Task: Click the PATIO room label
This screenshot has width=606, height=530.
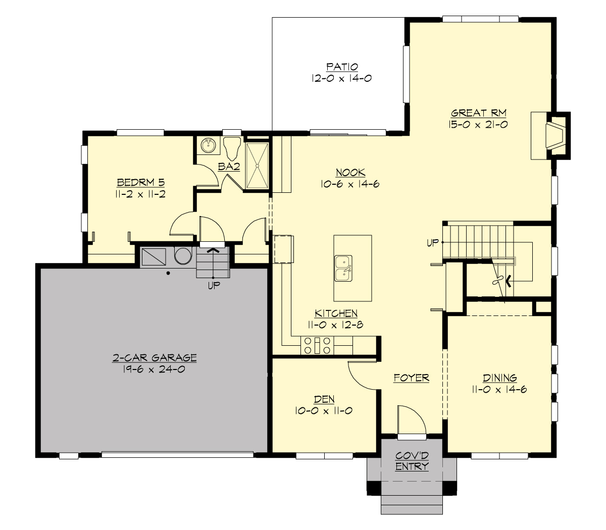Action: [x=342, y=67]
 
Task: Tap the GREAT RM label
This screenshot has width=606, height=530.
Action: [x=478, y=113]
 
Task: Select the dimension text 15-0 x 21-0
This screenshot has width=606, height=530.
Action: [x=478, y=124]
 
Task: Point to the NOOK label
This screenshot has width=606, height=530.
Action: [x=350, y=173]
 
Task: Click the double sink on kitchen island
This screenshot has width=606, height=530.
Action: [x=343, y=268]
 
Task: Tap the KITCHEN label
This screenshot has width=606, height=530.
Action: [x=336, y=313]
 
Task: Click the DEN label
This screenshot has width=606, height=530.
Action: [x=324, y=399]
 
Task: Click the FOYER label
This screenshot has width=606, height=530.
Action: [x=412, y=378]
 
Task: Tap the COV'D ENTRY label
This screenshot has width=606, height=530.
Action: [x=412, y=461]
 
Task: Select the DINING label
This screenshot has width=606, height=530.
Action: [x=499, y=378]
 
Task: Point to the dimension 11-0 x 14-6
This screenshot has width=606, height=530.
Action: [x=499, y=389]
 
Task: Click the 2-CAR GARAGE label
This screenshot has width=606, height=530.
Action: [x=154, y=358]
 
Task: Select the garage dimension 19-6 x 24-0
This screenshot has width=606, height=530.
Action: [x=154, y=369]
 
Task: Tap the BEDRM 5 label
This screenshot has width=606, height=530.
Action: [x=141, y=182]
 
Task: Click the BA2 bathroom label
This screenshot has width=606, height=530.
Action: [x=228, y=166]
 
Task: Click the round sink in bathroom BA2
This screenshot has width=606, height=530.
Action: [x=208, y=146]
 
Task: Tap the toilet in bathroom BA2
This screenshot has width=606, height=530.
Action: [x=232, y=148]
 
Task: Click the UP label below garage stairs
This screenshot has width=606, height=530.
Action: [x=213, y=286]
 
